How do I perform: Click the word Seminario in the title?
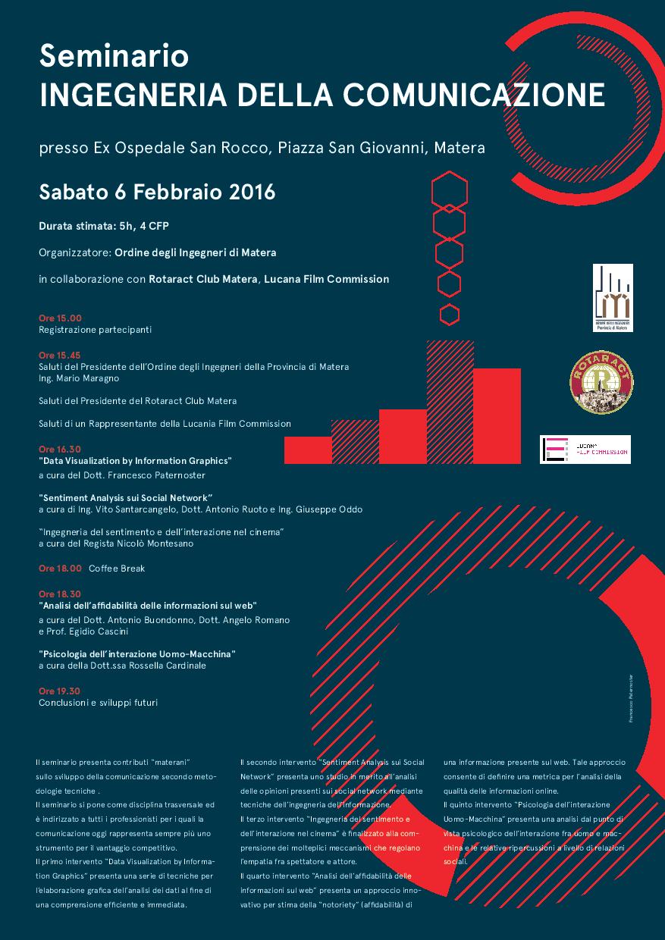pyautogui.click(x=114, y=56)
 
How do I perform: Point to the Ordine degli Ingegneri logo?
pyautogui.click(x=613, y=298)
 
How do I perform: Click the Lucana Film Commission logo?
pyautogui.click(x=585, y=450)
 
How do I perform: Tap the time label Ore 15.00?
pyautogui.click(x=60, y=318)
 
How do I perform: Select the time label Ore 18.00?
pyautogui.click(x=60, y=568)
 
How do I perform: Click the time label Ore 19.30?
pyautogui.click(x=60, y=691)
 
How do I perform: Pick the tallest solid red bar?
pyautogui.click(x=497, y=415)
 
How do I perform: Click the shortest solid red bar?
pyautogui.click(x=308, y=450)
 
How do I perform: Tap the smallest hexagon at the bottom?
pyautogui.click(x=450, y=314)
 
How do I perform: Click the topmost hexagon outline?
pyautogui.click(x=450, y=188)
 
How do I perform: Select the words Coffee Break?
pyautogui.click(x=117, y=568)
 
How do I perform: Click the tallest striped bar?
pyautogui.click(x=450, y=402)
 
